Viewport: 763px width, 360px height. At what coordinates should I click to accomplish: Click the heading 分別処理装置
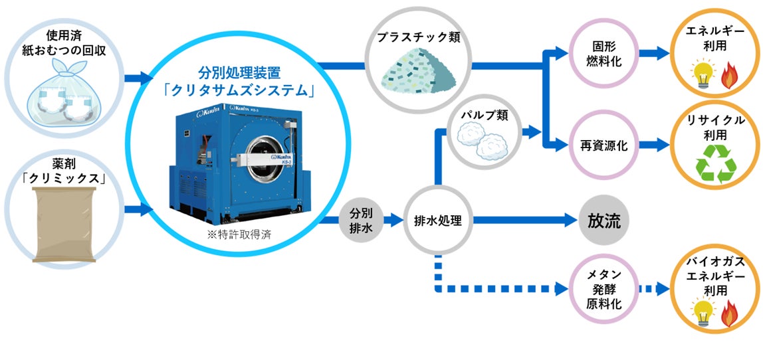coord(238,72)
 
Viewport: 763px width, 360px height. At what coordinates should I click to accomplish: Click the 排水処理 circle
coord(437,220)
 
